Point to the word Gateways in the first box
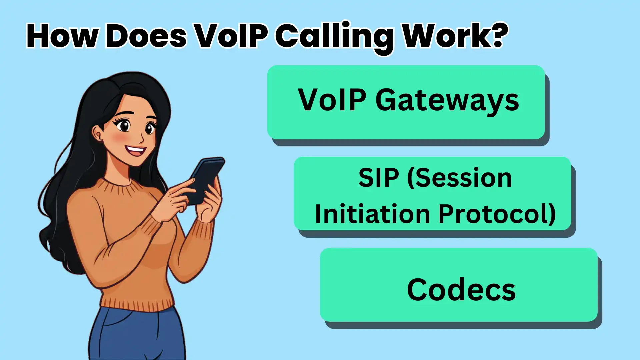click(447, 101)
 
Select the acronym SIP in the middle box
click(378, 178)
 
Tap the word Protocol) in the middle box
click(497, 214)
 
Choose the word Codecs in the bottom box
click(461, 289)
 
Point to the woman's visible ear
click(98, 133)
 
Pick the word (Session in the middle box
click(460, 178)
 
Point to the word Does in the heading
click(146, 36)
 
